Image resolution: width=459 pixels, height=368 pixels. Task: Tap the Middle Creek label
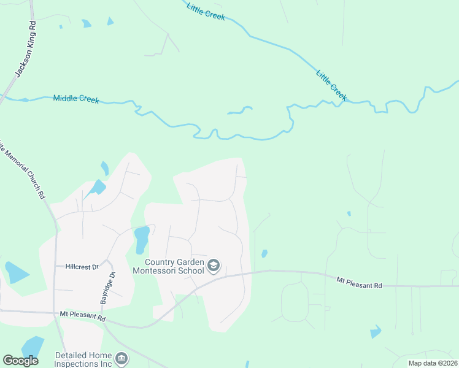(x=76, y=98)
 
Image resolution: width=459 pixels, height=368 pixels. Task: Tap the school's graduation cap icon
(x=214, y=266)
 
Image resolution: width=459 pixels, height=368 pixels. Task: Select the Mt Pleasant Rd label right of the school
(x=359, y=283)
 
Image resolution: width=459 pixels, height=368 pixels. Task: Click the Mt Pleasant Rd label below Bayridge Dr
(x=83, y=317)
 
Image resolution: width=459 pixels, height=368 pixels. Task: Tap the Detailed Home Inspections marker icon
(x=121, y=358)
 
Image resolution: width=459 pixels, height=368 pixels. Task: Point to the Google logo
(x=20, y=361)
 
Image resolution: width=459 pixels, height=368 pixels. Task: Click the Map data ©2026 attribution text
(x=432, y=363)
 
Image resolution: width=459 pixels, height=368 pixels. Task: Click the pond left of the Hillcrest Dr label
(x=16, y=272)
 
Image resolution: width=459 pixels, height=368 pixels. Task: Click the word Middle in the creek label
(x=65, y=98)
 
